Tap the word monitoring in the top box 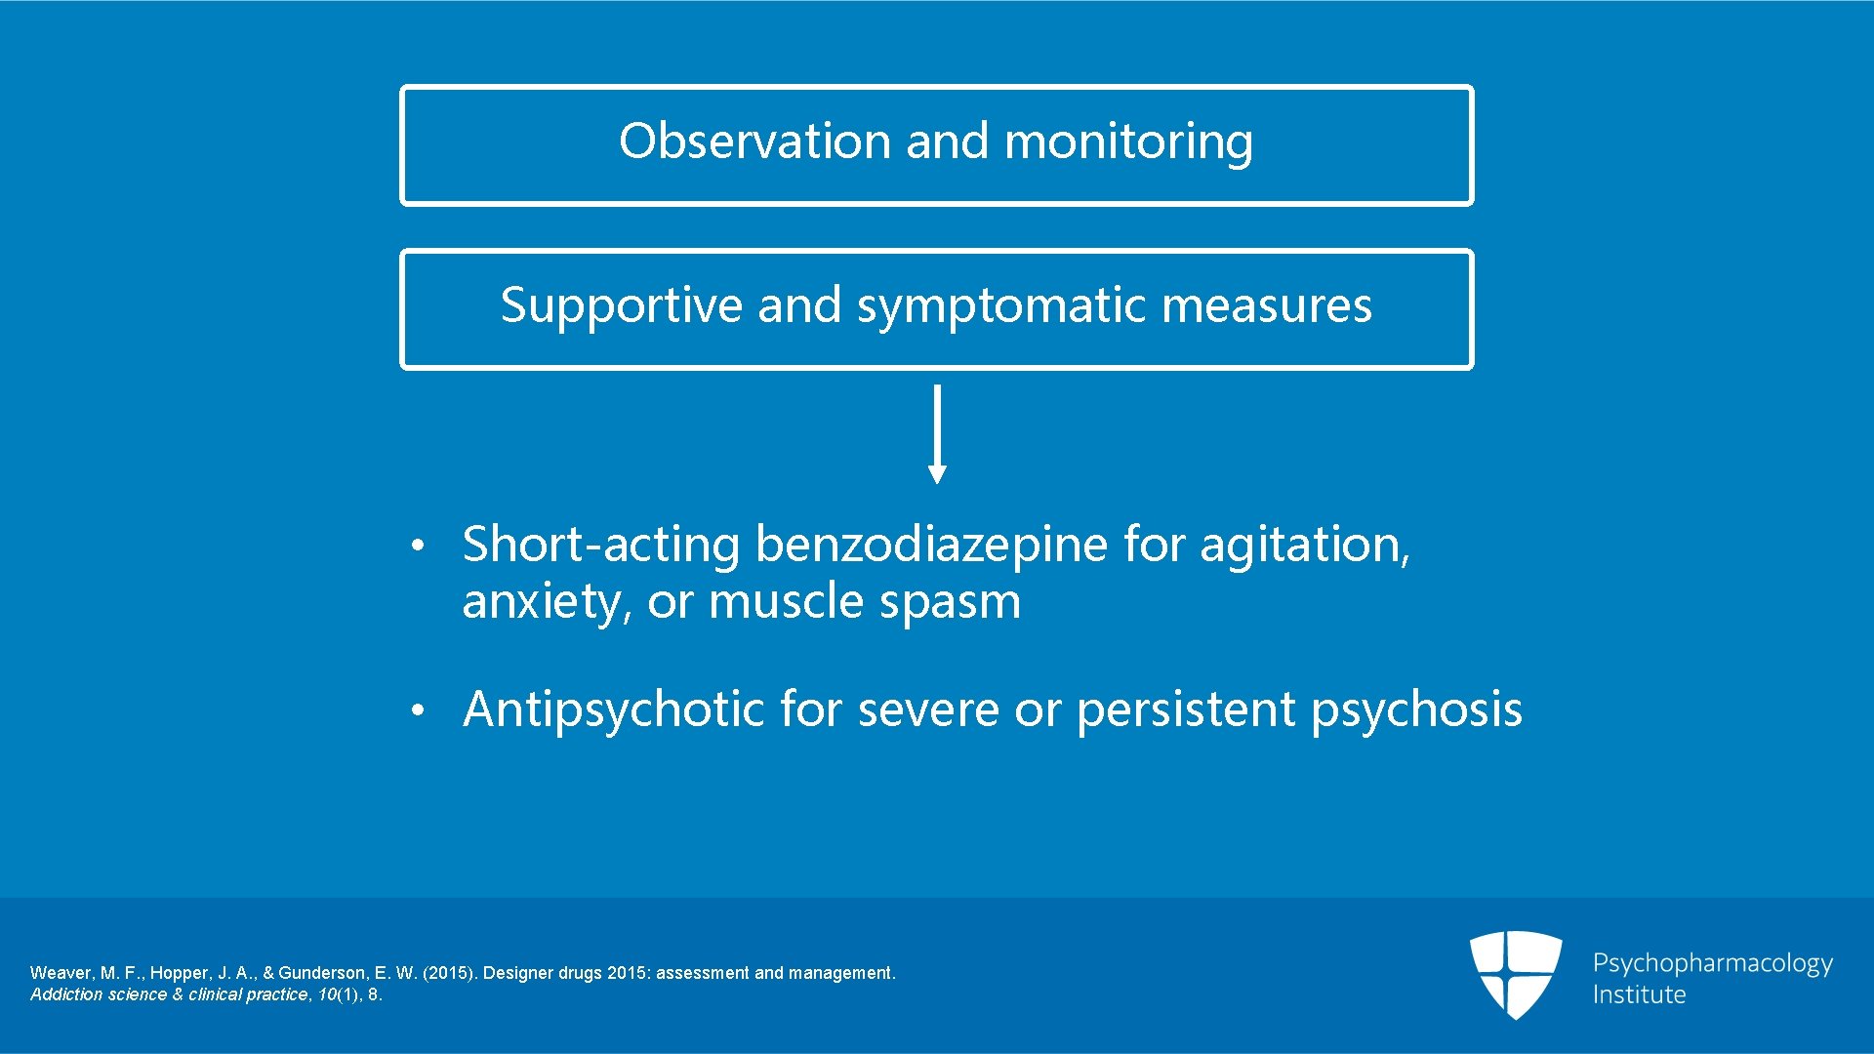click(x=1128, y=142)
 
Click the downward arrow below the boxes click(x=937, y=434)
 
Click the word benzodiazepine click(x=931, y=544)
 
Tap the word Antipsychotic click(x=613, y=709)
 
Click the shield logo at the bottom click(x=1516, y=973)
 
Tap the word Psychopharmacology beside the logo click(x=1712, y=964)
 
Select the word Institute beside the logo click(x=1639, y=994)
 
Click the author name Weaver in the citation click(x=61, y=973)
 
